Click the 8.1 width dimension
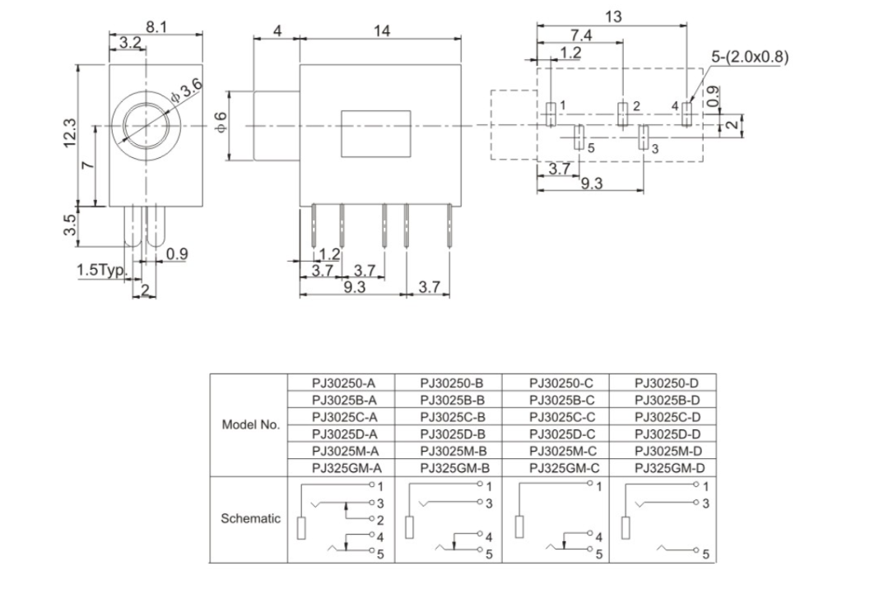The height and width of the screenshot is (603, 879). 156,27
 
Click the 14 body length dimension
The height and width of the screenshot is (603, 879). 382,30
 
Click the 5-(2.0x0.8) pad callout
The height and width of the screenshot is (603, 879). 750,57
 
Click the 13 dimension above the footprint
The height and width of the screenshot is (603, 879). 612,16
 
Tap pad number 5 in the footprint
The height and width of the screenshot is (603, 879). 579,137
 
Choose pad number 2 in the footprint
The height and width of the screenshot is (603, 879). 623,114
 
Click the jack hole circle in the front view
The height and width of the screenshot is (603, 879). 146,127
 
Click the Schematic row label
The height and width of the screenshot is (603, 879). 250,519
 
